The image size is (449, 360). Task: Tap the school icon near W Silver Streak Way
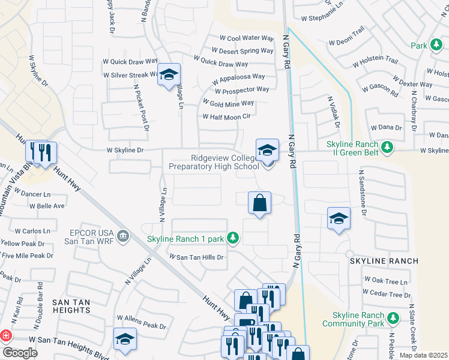click(x=169, y=75)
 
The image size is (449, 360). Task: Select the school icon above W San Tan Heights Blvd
click(x=125, y=339)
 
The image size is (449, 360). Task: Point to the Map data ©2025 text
click(x=423, y=355)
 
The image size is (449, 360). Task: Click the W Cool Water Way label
click(x=247, y=38)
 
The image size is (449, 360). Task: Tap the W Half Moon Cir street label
click(x=226, y=116)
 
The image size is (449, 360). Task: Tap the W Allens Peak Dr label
click(x=141, y=325)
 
